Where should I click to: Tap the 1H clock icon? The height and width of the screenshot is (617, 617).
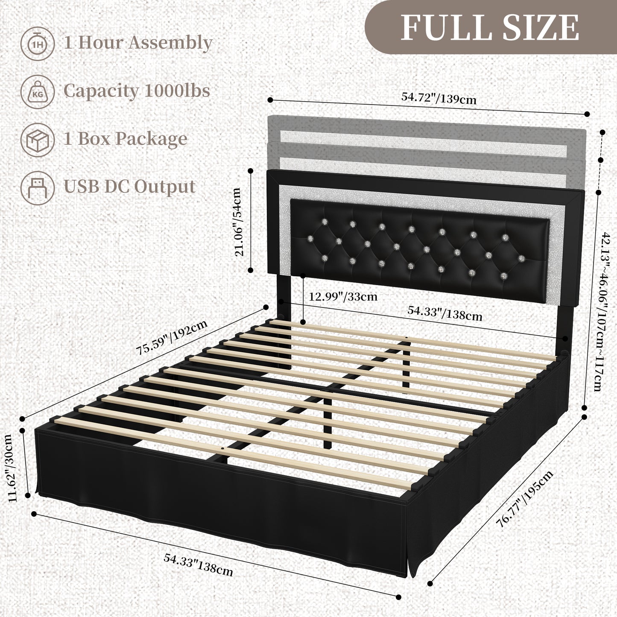(37, 43)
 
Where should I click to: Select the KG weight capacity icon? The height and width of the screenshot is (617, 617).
(37, 91)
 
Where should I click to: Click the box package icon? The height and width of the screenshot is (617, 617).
(37, 139)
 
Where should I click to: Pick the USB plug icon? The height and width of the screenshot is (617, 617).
(37, 187)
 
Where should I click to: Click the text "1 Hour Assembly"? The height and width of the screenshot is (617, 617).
(138, 43)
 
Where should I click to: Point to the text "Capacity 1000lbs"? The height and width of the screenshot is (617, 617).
(137, 91)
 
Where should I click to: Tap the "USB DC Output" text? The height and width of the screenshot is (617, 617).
(129, 187)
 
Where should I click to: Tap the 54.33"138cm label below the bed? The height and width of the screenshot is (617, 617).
(199, 564)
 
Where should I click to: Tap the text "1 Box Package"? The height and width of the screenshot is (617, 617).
(126, 139)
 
